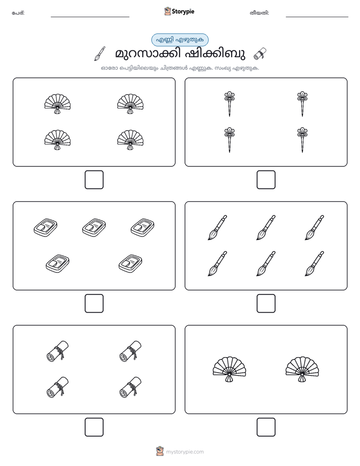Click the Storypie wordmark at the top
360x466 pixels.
[183, 12]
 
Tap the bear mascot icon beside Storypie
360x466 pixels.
[167, 11]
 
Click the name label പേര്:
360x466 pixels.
[18, 13]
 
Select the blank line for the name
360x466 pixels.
[90, 17]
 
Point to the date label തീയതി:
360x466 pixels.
[259, 13]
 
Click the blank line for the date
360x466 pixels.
[317, 17]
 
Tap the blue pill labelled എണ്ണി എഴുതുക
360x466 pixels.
[179, 40]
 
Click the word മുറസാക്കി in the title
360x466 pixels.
[148, 54]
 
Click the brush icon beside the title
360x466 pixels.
[100, 53]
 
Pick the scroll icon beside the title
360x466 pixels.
[260, 53]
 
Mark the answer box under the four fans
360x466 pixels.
[94, 180]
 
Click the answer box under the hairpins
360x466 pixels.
[266, 180]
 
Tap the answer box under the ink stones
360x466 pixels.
[94, 304]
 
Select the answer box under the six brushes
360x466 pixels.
[266, 304]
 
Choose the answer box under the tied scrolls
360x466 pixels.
[94, 427]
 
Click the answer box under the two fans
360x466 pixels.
[266, 427]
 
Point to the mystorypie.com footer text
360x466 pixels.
[185, 452]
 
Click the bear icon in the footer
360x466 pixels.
[160, 451]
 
